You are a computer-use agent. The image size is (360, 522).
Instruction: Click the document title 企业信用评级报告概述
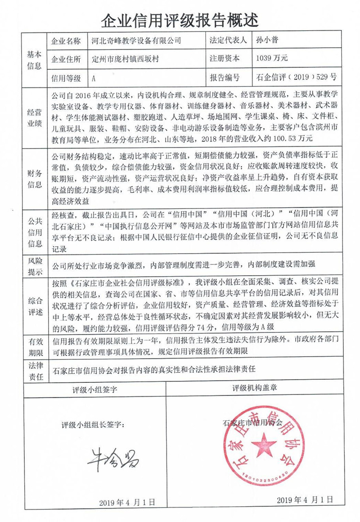[x=180, y=19]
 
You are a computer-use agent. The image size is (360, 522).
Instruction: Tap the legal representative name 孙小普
[x=266, y=41]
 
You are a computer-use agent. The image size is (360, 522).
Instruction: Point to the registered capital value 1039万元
[x=271, y=59]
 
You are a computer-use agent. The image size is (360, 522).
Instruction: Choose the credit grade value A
[x=94, y=78]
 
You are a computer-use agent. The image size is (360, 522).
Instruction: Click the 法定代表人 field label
[x=228, y=41]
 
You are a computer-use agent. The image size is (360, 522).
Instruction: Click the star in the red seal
[x=264, y=447]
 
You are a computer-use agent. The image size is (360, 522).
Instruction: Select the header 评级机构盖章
[x=253, y=388]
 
